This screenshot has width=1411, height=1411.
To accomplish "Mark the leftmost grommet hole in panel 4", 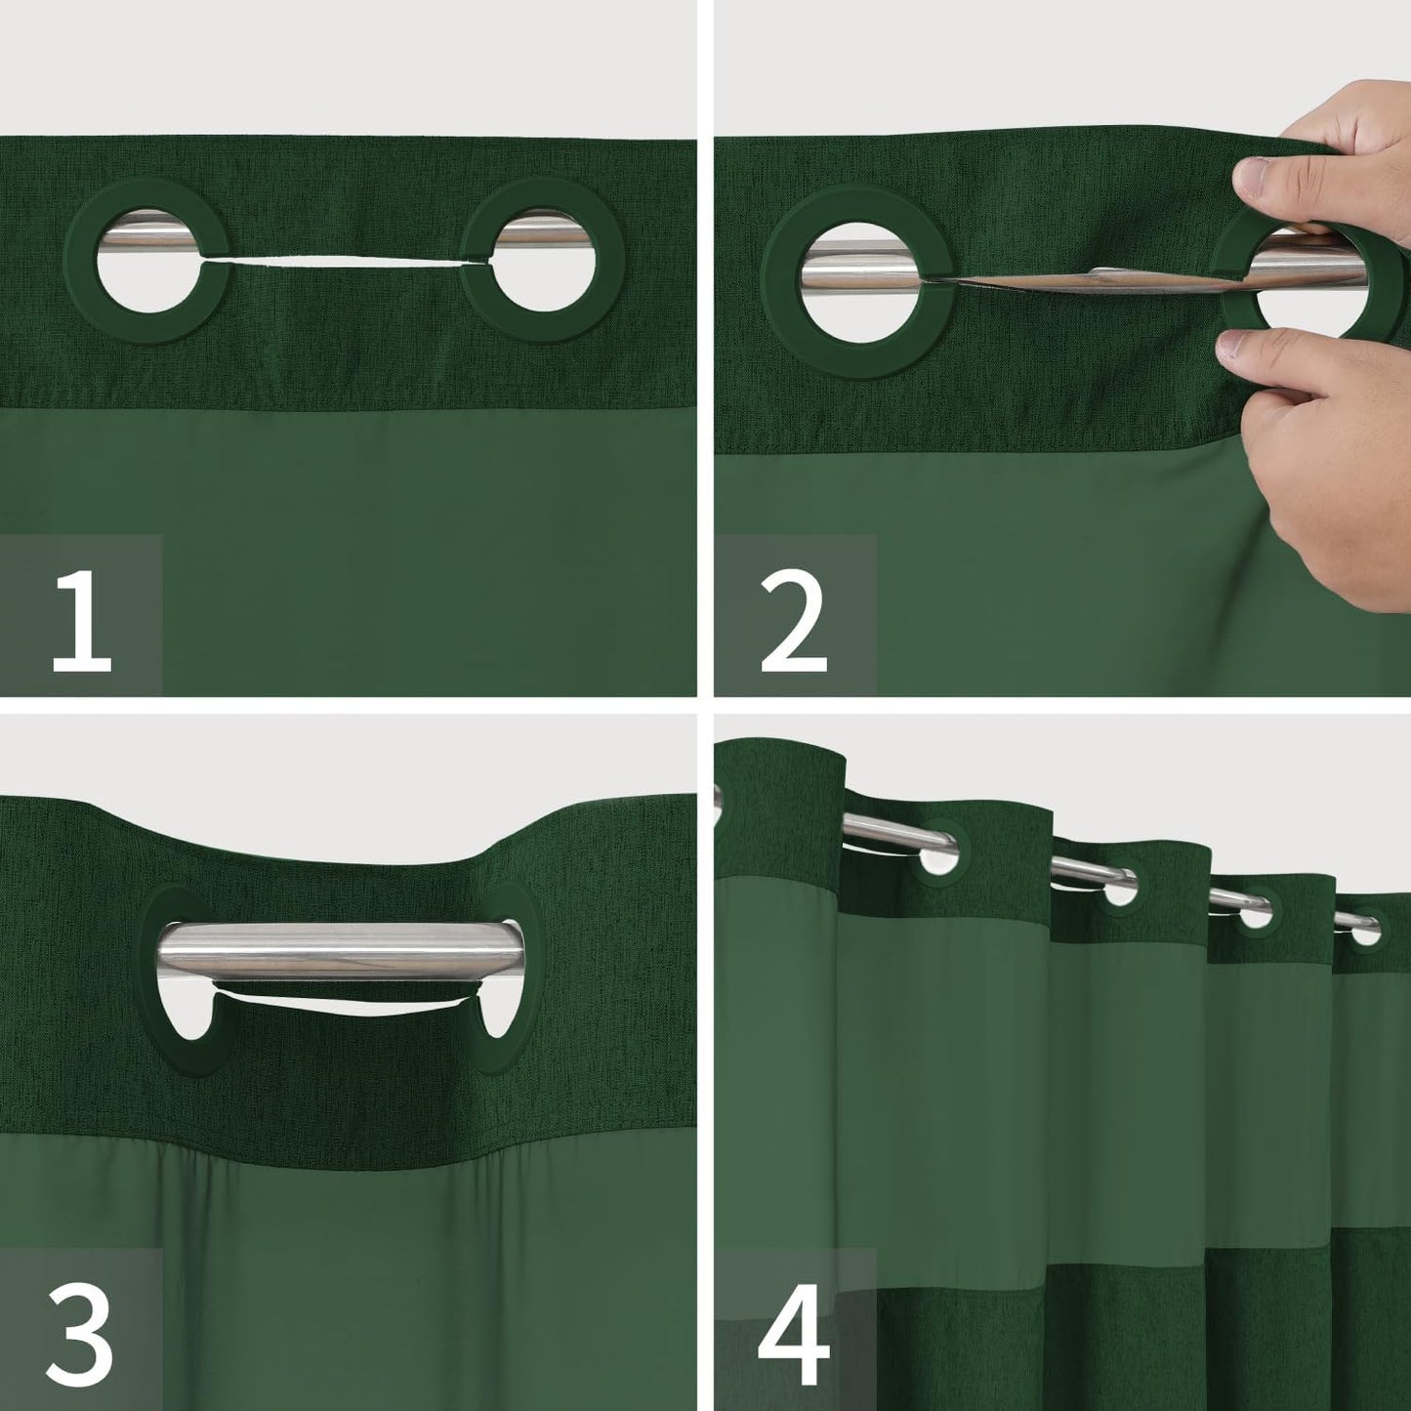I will point(940,855).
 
